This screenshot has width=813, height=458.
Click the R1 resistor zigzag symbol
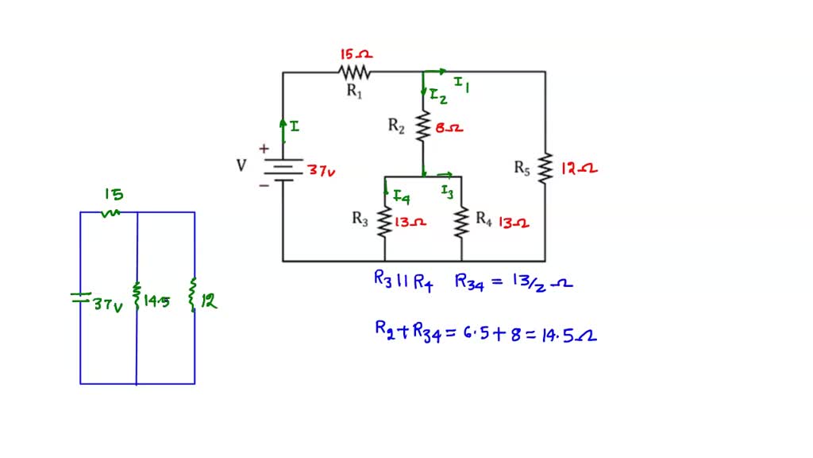pyautogui.click(x=354, y=72)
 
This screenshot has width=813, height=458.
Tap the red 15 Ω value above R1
pyautogui.click(x=356, y=54)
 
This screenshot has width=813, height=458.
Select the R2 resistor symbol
pyautogui.click(x=423, y=125)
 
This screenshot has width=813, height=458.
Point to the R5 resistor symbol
pyautogui.click(x=545, y=168)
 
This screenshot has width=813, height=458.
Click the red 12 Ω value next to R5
pyautogui.click(x=579, y=169)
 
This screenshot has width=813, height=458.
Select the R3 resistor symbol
pyautogui.click(x=385, y=223)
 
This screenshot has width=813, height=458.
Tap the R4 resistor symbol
pyautogui.click(x=461, y=223)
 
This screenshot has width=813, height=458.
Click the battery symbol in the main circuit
pyautogui.click(x=283, y=169)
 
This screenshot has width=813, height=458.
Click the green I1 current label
pyautogui.click(x=461, y=83)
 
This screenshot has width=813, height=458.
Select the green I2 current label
pyautogui.click(x=438, y=96)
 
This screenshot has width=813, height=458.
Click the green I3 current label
pyautogui.click(x=449, y=191)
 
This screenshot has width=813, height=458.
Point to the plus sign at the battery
pyautogui.click(x=264, y=149)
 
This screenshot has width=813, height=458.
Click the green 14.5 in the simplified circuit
pyautogui.click(x=156, y=301)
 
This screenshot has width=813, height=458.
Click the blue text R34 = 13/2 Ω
pyautogui.click(x=513, y=281)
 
